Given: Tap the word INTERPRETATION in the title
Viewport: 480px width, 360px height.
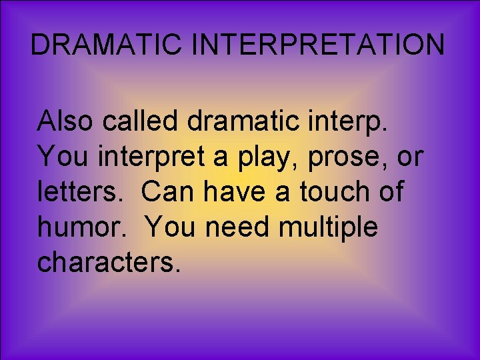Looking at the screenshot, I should point(319,45).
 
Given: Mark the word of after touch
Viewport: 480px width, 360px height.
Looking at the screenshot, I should point(390,192).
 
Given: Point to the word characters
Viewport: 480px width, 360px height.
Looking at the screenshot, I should point(109,262).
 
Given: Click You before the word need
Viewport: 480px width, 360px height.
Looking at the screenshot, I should point(171,227).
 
